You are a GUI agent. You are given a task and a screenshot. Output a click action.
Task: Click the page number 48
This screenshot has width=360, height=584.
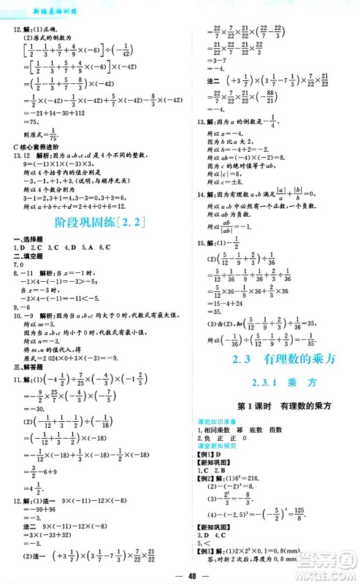[180, 574]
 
